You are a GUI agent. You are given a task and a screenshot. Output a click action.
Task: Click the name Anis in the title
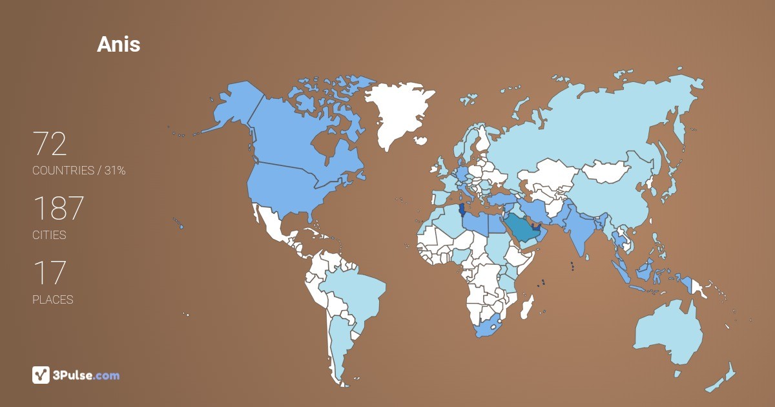coord(118,44)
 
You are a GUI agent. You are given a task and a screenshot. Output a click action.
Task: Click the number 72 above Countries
coord(50,144)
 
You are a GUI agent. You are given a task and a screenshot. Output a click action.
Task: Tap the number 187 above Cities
coord(58,209)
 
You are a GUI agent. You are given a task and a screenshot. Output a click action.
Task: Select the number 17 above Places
coord(49,273)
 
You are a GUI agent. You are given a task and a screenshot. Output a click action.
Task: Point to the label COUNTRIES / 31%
coord(79,171)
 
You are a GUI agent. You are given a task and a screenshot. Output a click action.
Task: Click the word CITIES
coord(49,235)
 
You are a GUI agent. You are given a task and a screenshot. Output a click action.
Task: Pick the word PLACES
coord(52,300)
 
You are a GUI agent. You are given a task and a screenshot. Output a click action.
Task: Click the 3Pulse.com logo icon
coord(41,375)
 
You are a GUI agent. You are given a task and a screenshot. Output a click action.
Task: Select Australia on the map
coord(668,333)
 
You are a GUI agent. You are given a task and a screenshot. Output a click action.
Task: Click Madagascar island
coord(528,307)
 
